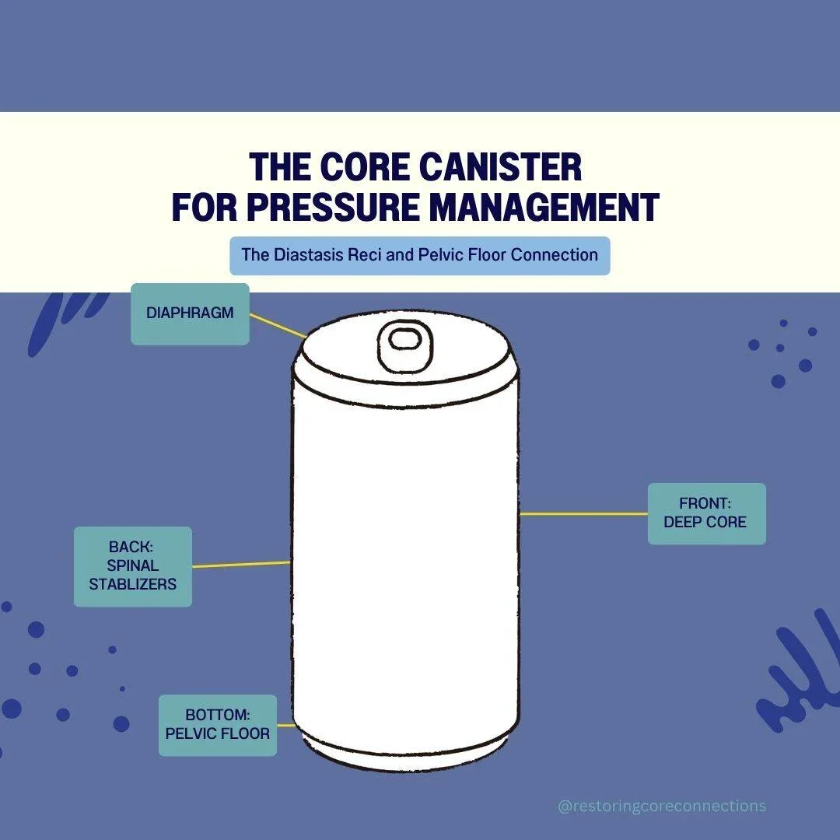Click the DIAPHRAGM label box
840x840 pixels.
point(190,314)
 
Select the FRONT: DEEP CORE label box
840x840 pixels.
point(706,513)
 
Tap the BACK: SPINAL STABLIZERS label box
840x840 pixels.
point(132,566)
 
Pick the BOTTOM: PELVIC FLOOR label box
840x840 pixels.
point(218,725)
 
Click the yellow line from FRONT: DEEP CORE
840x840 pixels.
point(583,513)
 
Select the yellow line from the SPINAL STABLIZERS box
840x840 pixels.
point(241,564)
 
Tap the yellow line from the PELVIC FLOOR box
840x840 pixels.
point(285,725)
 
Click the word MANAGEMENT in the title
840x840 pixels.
point(544,206)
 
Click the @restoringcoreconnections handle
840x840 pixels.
point(662,806)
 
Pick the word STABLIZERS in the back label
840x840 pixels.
point(132,583)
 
